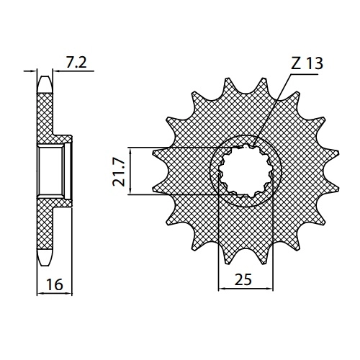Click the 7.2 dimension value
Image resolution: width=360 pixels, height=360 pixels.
pos(76,63)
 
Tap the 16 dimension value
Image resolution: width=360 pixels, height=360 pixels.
pos(55,284)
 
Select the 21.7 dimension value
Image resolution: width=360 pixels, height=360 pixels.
pos(119,173)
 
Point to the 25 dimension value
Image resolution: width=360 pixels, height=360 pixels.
pos(243,279)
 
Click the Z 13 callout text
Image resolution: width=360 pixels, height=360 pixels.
pos(307,63)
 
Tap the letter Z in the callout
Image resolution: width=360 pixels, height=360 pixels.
pos(296,63)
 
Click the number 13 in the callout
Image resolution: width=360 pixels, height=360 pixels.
pos(315,63)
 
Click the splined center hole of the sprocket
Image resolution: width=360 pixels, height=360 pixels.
pos(246,171)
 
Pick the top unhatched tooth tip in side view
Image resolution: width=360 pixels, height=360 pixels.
pos(45,84)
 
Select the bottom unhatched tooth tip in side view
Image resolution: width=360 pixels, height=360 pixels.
pos(45,257)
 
